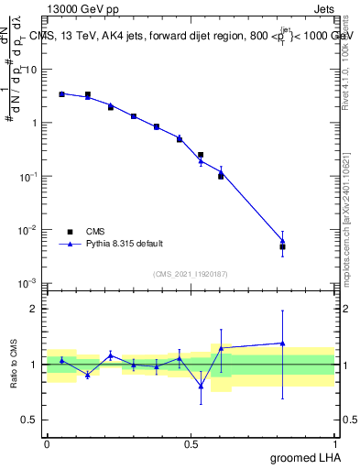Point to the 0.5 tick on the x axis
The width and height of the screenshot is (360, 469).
point(191,443)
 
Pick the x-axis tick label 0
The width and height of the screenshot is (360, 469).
point(47,443)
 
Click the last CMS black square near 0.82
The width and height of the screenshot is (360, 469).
point(283,246)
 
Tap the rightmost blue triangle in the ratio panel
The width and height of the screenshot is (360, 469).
point(283,344)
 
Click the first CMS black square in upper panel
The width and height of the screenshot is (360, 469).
point(61,93)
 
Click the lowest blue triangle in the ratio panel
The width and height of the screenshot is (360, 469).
point(201,386)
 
